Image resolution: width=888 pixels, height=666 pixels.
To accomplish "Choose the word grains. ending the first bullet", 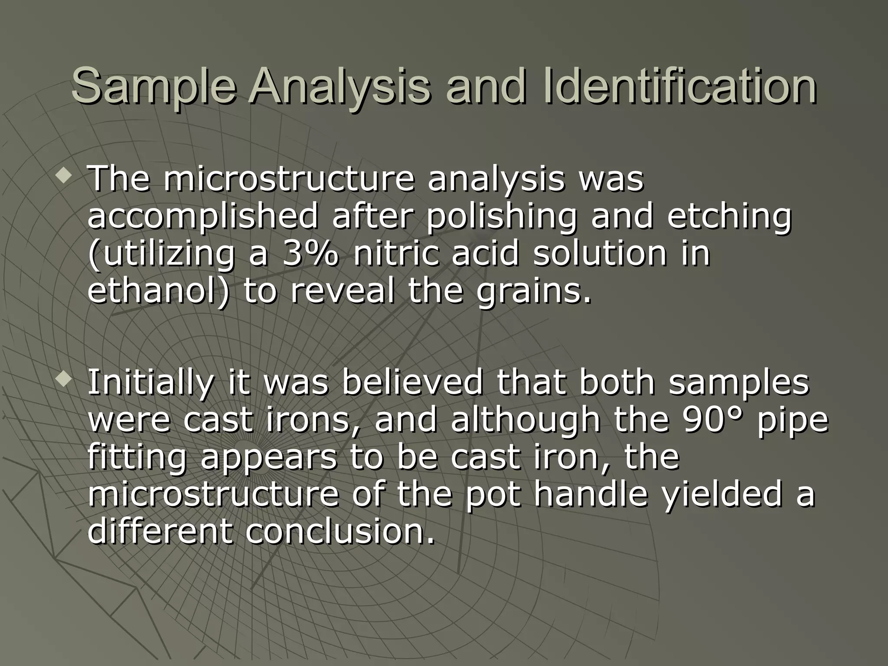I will click(x=534, y=291).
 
